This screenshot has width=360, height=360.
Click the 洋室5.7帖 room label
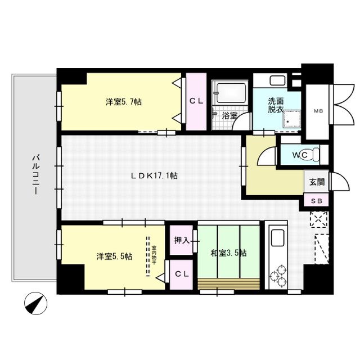coord(123,102)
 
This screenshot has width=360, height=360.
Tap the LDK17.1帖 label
coord(154,175)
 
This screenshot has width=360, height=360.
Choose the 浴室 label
coord(229,116)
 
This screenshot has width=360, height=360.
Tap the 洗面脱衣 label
coord(276,105)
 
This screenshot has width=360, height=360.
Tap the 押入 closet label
coord(181,240)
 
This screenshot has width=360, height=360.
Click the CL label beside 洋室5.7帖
coord(196,101)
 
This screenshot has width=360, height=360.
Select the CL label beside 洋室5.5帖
coord(181,274)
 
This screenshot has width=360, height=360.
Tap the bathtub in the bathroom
coord(231,91)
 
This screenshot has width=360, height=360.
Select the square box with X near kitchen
coord(319,219)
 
